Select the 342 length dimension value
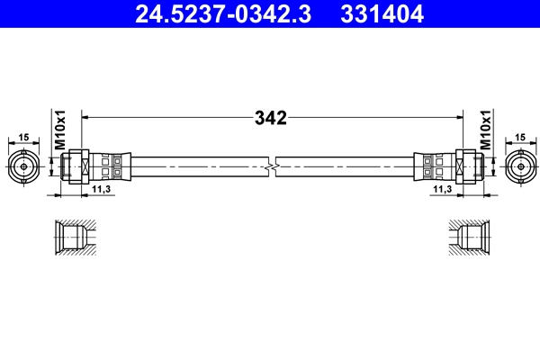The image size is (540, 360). [x=270, y=118]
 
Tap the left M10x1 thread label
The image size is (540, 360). [x=60, y=130]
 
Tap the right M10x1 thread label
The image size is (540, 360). [x=485, y=130]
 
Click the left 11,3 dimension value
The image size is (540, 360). [x=102, y=191]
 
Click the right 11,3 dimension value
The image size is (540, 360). [x=442, y=191]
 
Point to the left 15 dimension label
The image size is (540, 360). [x=23, y=137]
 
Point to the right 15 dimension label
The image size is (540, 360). [x=520, y=137]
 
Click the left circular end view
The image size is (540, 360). [x=23, y=166]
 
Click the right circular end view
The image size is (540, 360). [x=519, y=166]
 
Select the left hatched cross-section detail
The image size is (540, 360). [x=73, y=238]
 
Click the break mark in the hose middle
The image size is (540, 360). [x=272, y=166]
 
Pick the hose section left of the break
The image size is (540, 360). [x=198, y=166]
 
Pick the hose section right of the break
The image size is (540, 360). [x=346, y=166]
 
